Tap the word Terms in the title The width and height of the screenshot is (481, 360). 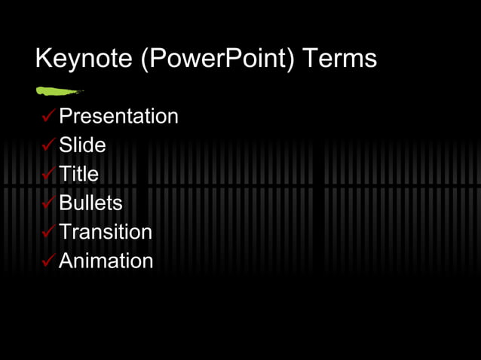[x=339, y=59]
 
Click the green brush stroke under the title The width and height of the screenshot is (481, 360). [x=58, y=92]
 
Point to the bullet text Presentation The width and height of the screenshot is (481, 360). [x=118, y=117]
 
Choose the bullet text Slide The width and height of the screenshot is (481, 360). [x=82, y=145]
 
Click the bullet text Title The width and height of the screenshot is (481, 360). [x=78, y=174]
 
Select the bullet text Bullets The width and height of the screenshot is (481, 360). [x=90, y=203]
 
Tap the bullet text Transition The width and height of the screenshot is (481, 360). [x=106, y=232]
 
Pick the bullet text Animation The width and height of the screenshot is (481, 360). [x=106, y=261]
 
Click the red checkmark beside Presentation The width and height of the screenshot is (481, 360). [x=48, y=116]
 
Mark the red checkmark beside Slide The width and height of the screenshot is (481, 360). [x=48, y=145]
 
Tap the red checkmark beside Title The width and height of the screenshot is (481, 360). [x=48, y=173]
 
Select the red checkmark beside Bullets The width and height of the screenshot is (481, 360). [x=48, y=203]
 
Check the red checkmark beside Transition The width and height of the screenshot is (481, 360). [x=48, y=231]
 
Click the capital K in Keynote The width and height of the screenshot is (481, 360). [x=44, y=59]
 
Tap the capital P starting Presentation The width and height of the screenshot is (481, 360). [x=66, y=117]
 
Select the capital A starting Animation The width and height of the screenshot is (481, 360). [x=66, y=261]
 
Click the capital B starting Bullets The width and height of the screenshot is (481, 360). [x=66, y=203]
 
